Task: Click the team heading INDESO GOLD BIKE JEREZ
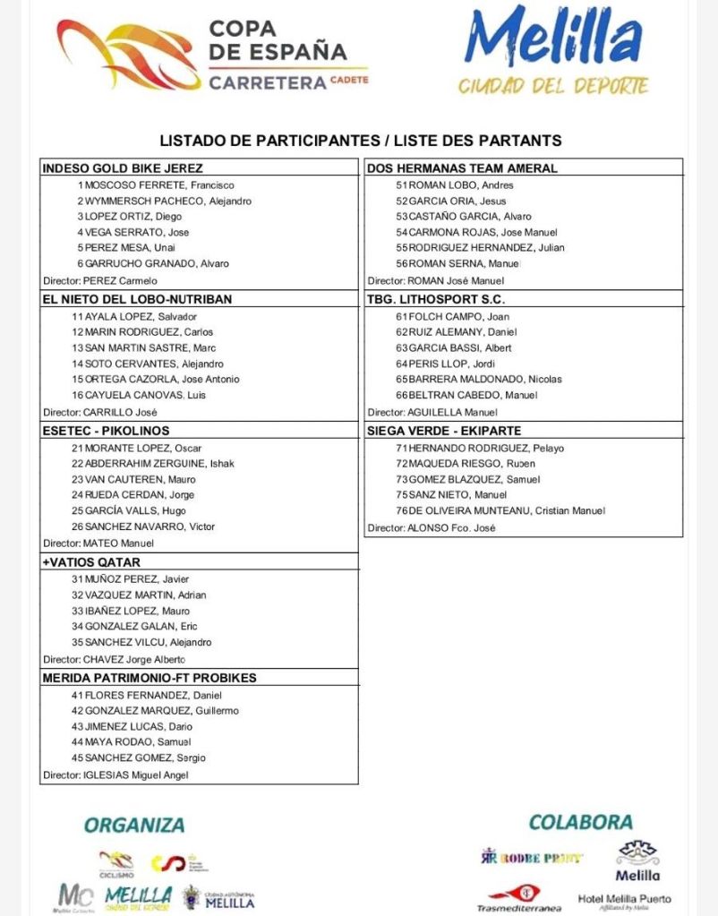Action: coord(123,167)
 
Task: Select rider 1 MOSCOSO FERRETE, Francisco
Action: coord(155,185)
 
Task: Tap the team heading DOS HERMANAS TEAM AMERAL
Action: coord(462,167)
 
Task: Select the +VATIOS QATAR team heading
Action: coord(91,562)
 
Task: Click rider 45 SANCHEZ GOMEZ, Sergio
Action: coord(139,758)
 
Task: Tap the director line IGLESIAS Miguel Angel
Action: coord(116,775)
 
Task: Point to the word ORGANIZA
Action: coord(134,825)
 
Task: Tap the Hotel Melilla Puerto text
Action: coord(624,899)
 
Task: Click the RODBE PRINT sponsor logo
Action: coord(532,857)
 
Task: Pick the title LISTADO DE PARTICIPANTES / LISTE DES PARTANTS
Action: coord(360,141)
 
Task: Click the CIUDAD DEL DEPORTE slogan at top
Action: coord(553,87)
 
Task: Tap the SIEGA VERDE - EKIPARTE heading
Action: coord(444,431)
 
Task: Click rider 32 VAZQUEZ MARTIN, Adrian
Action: coord(139,595)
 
